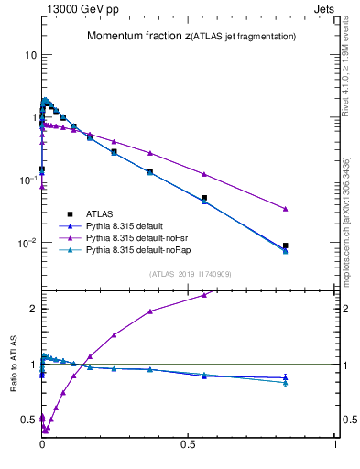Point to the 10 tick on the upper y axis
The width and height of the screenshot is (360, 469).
30,55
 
